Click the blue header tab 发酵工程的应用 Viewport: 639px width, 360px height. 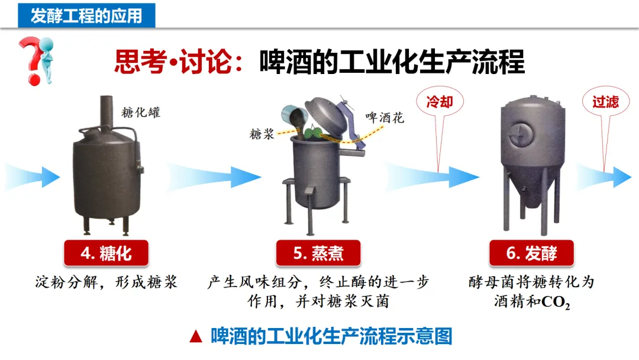(86, 15)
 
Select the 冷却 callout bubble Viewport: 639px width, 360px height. (440, 102)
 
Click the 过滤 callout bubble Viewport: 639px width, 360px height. (605, 102)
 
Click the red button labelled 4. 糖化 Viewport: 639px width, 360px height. (106, 253)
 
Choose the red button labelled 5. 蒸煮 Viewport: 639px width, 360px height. (318, 253)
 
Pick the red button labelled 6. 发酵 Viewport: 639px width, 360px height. (531, 253)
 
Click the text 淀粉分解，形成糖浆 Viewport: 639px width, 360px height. (106, 282)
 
